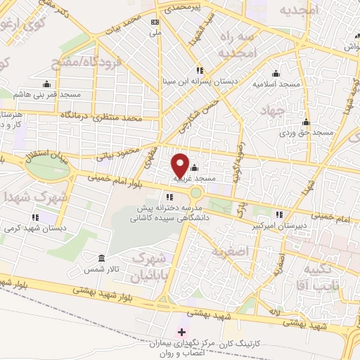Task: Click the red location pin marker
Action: click(x=180, y=165)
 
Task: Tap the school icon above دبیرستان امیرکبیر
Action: click(x=280, y=215)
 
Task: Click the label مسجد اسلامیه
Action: click(x=276, y=84)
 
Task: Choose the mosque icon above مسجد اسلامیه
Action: click(x=275, y=72)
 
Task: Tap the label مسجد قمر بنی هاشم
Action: click(x=48, y=94)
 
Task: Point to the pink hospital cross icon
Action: click(x=181, y=331)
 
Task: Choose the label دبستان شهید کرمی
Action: click(x=34, y=228)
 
